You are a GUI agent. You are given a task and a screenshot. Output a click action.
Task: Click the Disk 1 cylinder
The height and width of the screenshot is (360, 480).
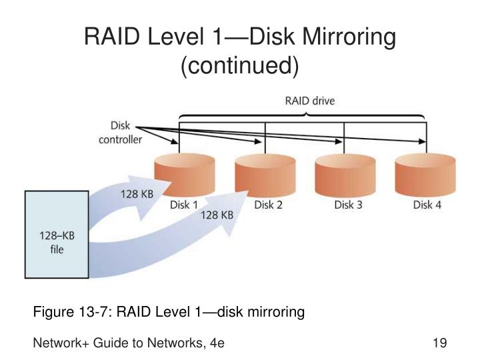coord(184,175)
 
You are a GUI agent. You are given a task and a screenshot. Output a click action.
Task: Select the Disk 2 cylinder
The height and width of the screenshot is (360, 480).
coord(265,175)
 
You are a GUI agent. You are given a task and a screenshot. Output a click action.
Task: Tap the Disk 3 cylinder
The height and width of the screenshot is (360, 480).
coord(345,175)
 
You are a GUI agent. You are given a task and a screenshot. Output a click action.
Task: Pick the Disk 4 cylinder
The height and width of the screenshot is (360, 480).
coord(425,175)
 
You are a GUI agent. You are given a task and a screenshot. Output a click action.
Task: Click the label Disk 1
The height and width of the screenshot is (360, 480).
coord(184,205)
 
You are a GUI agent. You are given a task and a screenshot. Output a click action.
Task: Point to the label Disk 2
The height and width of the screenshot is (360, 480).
coord(268,205)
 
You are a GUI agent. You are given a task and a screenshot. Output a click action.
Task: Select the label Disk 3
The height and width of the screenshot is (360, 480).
coord(348,205)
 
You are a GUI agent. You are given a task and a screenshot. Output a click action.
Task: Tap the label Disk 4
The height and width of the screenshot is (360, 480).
coord(427,205)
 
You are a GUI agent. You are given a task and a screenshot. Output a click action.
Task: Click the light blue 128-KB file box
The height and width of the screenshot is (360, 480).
coord(57,235)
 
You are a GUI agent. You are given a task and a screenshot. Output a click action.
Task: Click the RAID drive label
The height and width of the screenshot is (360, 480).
coord(310,101)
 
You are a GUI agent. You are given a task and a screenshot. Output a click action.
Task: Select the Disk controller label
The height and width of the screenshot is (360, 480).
coord(120,133)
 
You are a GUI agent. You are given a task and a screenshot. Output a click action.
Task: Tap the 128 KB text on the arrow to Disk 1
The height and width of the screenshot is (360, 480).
coord(137,194)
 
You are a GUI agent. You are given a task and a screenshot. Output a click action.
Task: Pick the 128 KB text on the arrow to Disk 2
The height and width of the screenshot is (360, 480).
coord(217,215)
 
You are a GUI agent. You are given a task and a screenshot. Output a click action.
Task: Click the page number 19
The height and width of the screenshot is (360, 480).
coord(439,343)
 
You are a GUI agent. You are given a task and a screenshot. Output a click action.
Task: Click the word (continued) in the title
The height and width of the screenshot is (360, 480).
coord(240,65)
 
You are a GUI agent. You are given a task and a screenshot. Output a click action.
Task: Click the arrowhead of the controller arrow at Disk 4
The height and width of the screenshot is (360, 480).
coord(422,141)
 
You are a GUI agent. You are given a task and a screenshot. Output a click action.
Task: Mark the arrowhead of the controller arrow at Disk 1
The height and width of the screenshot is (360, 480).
coord(174,141)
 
